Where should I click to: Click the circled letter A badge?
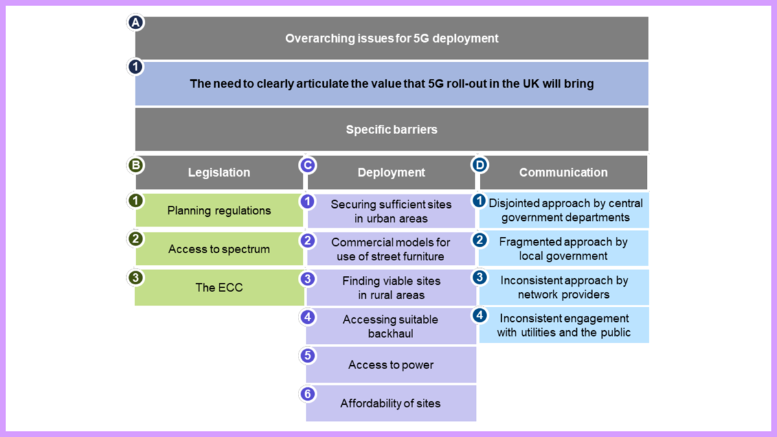pyautogui.click(x=135, y=23)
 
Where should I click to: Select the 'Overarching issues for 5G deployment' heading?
pyautogui.click(x=392, y=38)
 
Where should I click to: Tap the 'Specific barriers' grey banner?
pyautogui.click(x=392, y=129)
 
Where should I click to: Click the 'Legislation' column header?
pyautogui.click(x=219, y=172)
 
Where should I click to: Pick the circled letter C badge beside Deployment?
pyautogui.click(x=308, y=165)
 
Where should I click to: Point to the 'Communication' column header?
pyautogui.click(x=563, y=172)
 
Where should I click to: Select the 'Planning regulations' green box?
pyautogui.click(x=219, y=210)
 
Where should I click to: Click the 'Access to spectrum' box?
pyautogui.click(x=219, y=249)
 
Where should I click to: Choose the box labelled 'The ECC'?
pyautogui.click(x=219, y=287)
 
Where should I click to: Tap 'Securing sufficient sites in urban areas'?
pyautogui.click(x=391, y=211)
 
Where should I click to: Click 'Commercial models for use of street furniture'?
pyautogui.click(x=391, y=249)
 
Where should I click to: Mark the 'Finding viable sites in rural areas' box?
pyautogui.click(x=391, y=287)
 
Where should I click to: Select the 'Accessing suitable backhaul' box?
pyautogui.click(x=391, y=326)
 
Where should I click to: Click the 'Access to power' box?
pyautogui.click(x=391, y=364)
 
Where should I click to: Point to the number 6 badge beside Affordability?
pyautogui.click(x=308, y=394)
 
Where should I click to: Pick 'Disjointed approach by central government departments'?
pyautogui.click(x=565, y=210)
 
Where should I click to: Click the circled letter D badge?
pyautogui.click(x=480, y=165)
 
